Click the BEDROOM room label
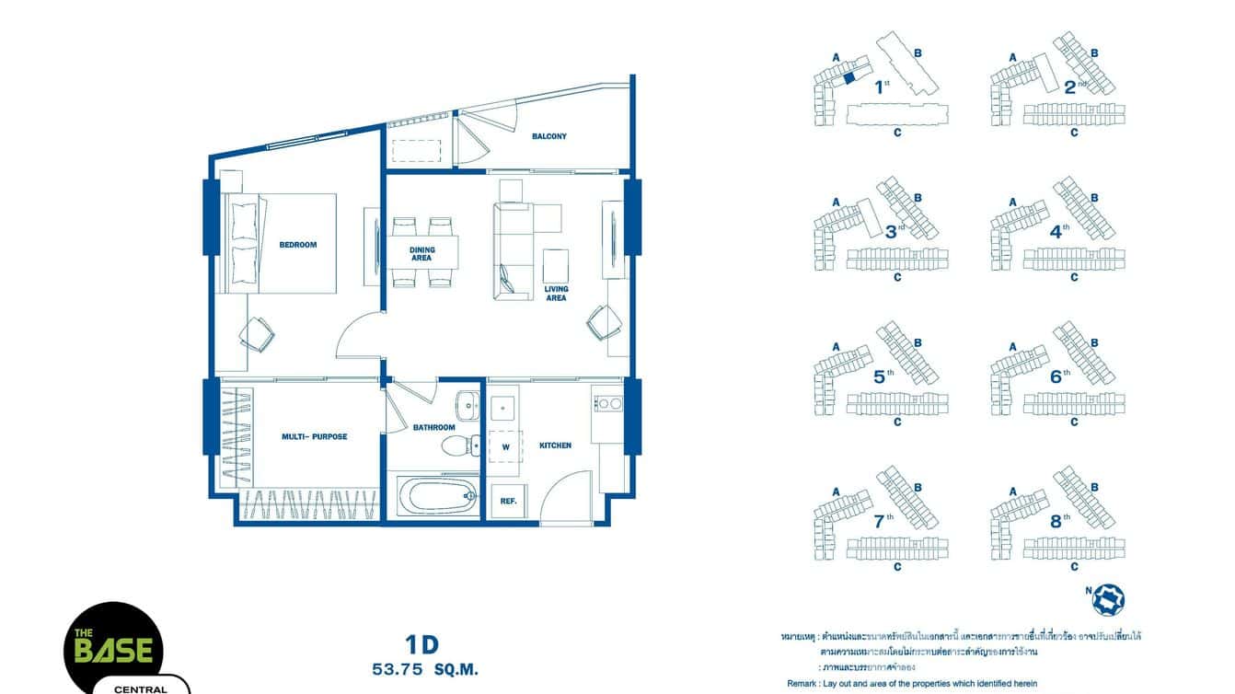coord(297,245)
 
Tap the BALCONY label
coord(548,136)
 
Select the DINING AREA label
coord(421,254)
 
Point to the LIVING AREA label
coord(556,294)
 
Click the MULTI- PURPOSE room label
coord(314,436)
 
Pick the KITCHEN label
coord(555,445)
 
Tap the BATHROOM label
coord(433,427)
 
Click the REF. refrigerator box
coord(507,502)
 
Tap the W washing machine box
coord(505,447)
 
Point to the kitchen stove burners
coord(607,403)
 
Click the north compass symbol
coord(1107,599)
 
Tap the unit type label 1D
coord(421,644)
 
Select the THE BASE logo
coord(113,648)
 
